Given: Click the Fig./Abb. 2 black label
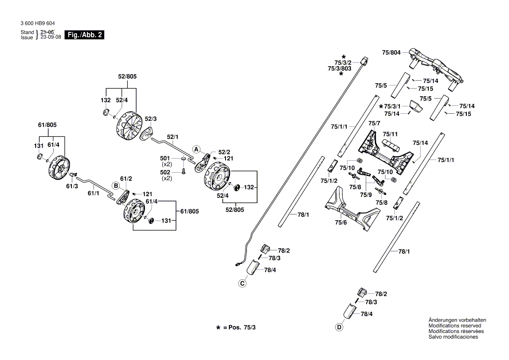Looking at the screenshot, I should click(84, 35).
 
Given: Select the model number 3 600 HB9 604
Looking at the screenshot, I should click(37, 24).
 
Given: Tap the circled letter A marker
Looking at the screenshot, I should click(196, 149).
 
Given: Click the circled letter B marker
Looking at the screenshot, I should click(116, 185).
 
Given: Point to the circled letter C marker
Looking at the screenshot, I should click(242, 284).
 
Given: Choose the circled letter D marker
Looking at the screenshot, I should click(339, 327).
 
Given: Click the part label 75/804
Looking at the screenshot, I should click(391, 52).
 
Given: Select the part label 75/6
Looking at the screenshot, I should click(340, 223).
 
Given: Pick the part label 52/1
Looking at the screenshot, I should click(173, 137).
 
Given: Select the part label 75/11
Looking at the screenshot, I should click(390, 134).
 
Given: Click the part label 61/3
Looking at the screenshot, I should click(72, 186).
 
